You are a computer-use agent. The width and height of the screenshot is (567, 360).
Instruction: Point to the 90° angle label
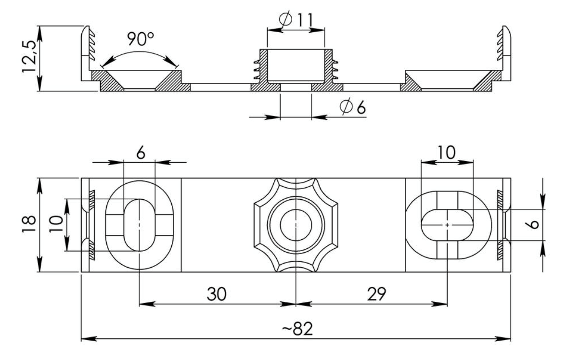coord(139,39)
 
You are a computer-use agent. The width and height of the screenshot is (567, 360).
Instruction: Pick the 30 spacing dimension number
coord(218,294)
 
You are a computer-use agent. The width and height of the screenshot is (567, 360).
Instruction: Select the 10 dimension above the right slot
coord(447,153)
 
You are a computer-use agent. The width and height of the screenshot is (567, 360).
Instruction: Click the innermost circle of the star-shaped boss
coord(296,224)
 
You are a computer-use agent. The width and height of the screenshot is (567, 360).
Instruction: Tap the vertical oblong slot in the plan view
coord(140,224)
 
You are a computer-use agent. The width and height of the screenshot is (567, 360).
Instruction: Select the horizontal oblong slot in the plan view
coord(447,224)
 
